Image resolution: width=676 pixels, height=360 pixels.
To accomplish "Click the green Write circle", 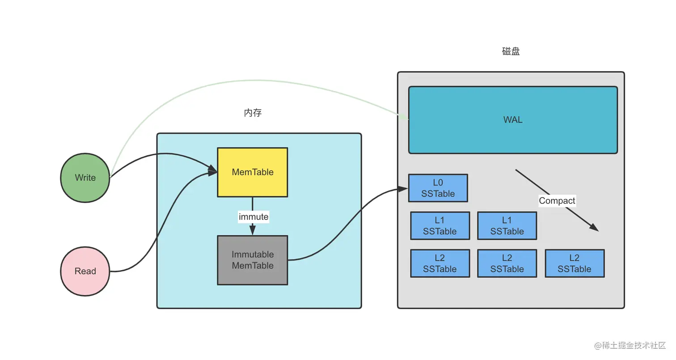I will pos(85,178).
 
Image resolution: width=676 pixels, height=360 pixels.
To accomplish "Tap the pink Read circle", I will pos(85,271).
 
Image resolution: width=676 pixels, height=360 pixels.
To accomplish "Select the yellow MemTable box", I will pos(253,172).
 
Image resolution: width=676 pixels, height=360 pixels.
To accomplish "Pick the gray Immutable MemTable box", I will pos(253,260).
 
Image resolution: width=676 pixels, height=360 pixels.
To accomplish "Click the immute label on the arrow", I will pos(253,217).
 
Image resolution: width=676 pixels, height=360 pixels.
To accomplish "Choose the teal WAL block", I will pos(513,120).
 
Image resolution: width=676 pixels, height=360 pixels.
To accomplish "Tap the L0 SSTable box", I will pos(438,188).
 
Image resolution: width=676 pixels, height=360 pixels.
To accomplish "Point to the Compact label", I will pos(557,201).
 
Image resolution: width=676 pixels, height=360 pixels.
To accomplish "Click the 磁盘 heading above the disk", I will pos(511,51).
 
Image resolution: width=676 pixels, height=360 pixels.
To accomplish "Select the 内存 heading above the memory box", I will pos(253,113).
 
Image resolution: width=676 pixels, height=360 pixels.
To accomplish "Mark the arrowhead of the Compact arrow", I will pos(594,228).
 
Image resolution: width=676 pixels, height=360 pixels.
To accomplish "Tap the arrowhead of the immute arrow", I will pos(253,231).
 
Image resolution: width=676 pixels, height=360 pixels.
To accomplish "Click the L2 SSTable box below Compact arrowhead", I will pos(575,263).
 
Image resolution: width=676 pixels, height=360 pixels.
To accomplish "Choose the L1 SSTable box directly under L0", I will pos(440,226).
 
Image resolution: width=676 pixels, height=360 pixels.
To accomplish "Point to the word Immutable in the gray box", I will pos(253,254).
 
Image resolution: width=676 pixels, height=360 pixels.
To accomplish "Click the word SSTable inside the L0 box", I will pos(439,194).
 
